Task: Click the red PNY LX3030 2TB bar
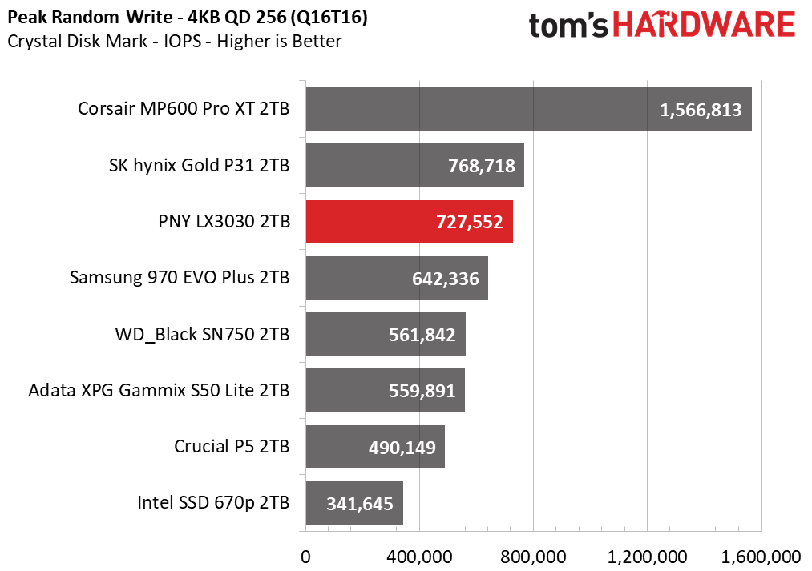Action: pyautogui.click(x=409, y=222)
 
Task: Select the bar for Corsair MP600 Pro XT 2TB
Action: pyautogui.click(x=529, y=109)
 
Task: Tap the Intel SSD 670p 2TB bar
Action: pyautogui.click(x=354, y=503)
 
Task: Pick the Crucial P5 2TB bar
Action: pyautogui.click(x=375, y=447)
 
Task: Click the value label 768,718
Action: pyautogui.click(x=482, y=166)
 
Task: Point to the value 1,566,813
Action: pyautogui.click(x=701, y=110)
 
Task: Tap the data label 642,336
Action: pyautogui.click(x=446, y=279)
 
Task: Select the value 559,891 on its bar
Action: pyautogui.click(x=422, y=391)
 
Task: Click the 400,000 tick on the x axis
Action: pyautogui.click(x=419, y=557)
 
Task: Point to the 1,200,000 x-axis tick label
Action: pyautogui.click(x=647, y=557)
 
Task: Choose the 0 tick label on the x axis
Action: pyautogui.click(x=305, y=557)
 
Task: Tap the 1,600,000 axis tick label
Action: pyautogui.click(x=761, y=557)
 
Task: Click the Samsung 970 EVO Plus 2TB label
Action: pyautogui.click(x=180, y=278)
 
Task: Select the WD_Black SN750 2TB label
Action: pyautogui.click(x=203, y=334)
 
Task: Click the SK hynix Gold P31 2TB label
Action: pyautogui.click(x=200, y=166)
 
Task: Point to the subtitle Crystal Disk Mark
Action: pyautogui.click(x=78, y=42)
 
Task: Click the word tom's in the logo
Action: pyautogui.click(x=568, y=26)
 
